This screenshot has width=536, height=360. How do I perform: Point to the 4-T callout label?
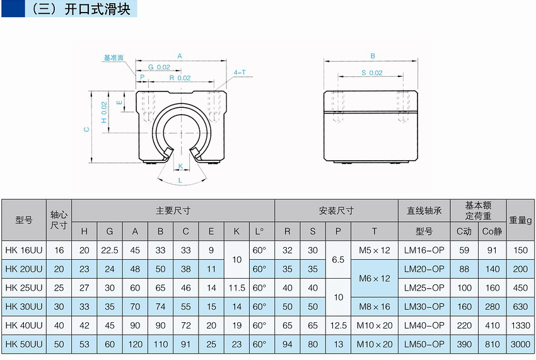240,73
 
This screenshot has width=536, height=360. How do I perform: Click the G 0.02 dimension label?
159,67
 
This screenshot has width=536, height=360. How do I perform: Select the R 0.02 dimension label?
180,78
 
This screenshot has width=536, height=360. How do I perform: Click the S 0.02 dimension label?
372,73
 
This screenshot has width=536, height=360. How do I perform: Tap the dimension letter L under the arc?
180,180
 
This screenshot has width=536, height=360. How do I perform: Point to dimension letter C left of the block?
86,129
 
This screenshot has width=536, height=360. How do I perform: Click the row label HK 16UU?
24,250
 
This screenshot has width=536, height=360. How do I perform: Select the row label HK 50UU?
24,344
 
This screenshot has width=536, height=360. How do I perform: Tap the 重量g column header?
521,220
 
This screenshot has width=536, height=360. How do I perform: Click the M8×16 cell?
375,306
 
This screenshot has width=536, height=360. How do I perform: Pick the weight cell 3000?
521,344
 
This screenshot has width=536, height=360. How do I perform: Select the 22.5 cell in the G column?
110,250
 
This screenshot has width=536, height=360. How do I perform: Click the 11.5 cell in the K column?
236,287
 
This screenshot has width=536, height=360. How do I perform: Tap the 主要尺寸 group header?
173,211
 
